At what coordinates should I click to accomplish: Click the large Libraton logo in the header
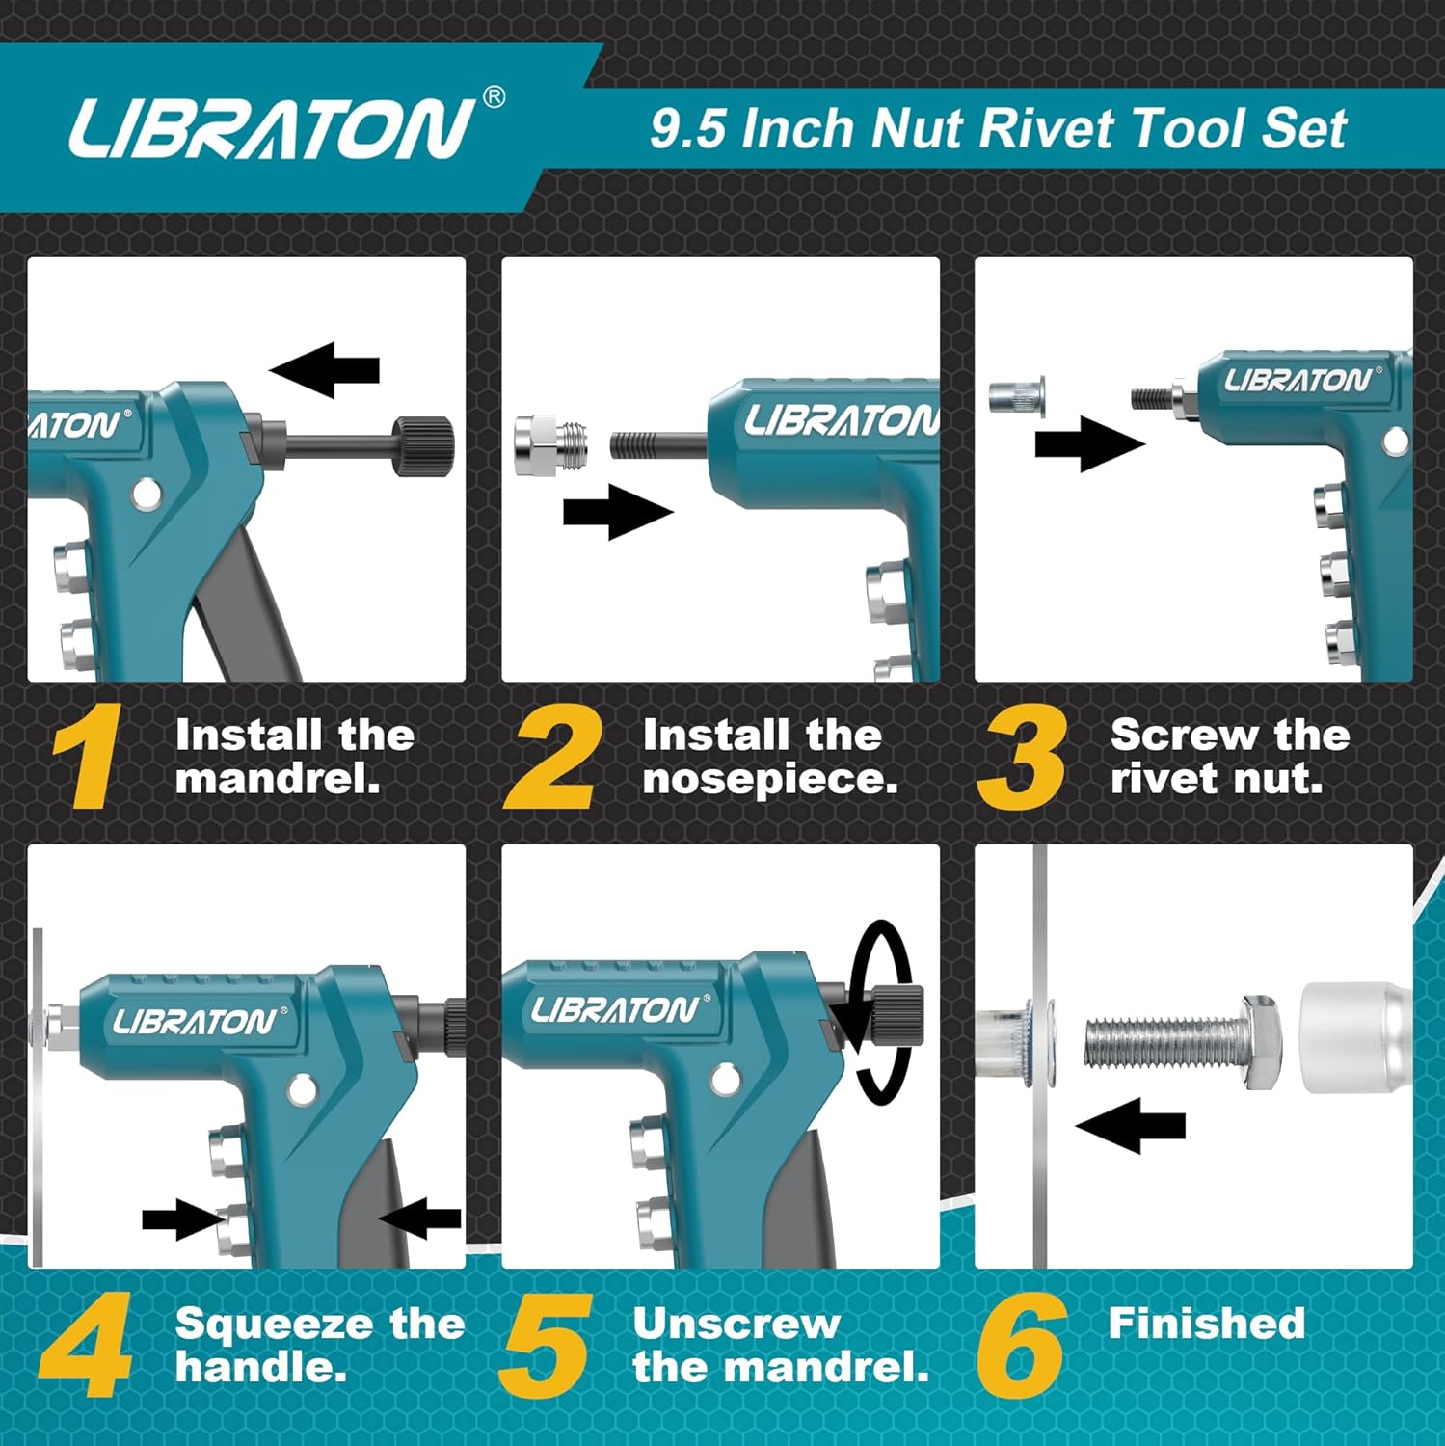[x=272, y=128]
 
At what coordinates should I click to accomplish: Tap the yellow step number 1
[x=88, y=757]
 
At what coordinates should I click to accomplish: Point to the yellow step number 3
[x=1022, y=757]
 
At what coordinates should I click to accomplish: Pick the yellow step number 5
[x=547, y=1345]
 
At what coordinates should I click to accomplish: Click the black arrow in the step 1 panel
[x=325, y=369]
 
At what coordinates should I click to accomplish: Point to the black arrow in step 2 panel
[x=617, y=512]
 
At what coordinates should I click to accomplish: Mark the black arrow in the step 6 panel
[x=1130, y=1125]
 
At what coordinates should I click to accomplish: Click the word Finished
[x=1206, y=1323]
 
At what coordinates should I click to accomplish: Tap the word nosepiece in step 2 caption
[x=769, y=779]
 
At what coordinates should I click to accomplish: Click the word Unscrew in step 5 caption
[x=736, y=1324]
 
